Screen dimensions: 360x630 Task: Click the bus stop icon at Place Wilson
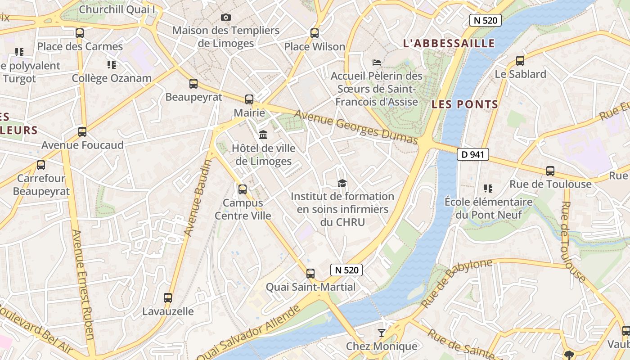(315, 33)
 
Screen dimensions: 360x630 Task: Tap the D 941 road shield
(472, 155)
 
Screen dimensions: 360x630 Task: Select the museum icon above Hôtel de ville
(263, 135)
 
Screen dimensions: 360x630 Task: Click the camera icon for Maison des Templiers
(226, 18)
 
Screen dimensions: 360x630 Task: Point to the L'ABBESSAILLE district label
(449, 44)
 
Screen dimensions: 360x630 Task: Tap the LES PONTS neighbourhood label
(465, 104)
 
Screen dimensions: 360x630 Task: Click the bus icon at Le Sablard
(520, 60)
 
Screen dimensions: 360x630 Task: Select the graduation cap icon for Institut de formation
(342, 183)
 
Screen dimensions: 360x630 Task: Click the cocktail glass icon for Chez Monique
(382, 333)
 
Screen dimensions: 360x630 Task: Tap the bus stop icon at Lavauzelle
(168, 297)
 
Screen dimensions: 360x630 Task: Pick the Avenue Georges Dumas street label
(356, 128)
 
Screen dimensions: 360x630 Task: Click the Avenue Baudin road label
(198, 198)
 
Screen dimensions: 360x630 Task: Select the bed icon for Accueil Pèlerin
(377, 62)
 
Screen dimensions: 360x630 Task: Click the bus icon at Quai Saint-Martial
(310, 273)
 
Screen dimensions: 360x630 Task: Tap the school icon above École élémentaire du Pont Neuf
(488, 188)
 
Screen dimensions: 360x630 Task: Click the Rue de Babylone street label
(456, 283)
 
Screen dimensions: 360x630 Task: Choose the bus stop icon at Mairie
(249, 99)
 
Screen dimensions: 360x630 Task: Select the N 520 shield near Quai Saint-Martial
(346, 270)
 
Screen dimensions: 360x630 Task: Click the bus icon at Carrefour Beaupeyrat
(41, 165)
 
